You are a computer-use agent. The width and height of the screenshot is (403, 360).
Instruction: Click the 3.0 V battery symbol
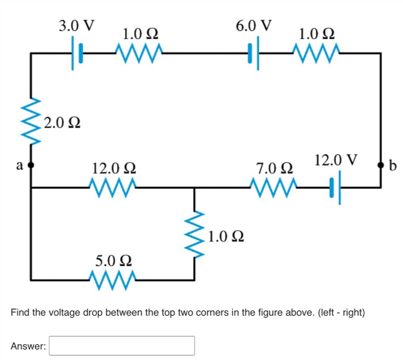[x=76, y=54]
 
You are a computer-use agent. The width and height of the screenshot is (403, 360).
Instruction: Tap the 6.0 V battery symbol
[x=254, y=54]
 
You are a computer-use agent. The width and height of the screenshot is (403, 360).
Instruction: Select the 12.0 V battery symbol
[x=335, y=187]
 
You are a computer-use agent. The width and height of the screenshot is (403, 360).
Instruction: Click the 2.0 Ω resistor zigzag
[x=31, y=121]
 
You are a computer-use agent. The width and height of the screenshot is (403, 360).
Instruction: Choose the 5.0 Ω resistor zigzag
[x=113, y=279]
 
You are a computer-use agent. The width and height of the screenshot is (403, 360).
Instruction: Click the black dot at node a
[x=31, y=166]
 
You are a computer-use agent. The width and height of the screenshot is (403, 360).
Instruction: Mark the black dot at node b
[x=381, y=166]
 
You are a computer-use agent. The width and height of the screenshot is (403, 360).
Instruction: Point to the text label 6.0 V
[x=254, y=25]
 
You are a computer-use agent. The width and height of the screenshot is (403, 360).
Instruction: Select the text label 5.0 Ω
[x=113, y=260]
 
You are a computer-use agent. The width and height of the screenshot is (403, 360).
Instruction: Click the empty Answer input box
[x=122, y=346]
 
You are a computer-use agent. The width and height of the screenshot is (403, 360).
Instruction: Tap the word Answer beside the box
[x=28, y=346]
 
